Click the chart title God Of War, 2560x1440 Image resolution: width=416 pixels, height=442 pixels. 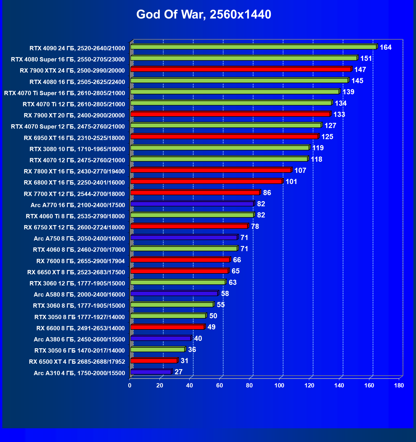[204, 15]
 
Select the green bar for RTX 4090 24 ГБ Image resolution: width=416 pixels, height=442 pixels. [253, 47]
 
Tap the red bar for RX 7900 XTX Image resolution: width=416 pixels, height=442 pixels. [241, 69]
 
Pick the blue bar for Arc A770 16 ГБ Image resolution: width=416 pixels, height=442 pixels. [192, 204]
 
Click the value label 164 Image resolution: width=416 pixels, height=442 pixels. [385, 47]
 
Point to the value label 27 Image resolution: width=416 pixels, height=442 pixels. [178, 372]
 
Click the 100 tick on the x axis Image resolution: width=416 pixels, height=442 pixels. [279, 385]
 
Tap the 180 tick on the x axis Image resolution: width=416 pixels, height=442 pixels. [399, 385]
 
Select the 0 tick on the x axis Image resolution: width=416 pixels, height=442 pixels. [130, 385]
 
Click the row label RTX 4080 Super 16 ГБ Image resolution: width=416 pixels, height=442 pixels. [68, 59]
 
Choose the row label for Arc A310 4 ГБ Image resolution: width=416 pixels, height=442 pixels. [79, 373]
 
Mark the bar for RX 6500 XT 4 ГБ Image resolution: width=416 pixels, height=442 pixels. [154, 361]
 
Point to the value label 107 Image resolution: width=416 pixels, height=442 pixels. [300, 171]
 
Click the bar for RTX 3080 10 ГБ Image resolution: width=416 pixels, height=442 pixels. [220, 148]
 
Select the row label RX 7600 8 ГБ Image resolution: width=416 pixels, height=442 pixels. [81, 261]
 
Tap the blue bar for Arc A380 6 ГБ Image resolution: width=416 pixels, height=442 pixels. [161, 339]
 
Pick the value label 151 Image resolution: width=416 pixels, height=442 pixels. [366, 59]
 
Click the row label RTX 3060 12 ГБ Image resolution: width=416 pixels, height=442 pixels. [77, 283]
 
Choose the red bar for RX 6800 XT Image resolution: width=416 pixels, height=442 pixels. [206, 181]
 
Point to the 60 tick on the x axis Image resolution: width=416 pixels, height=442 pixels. [219, 385]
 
